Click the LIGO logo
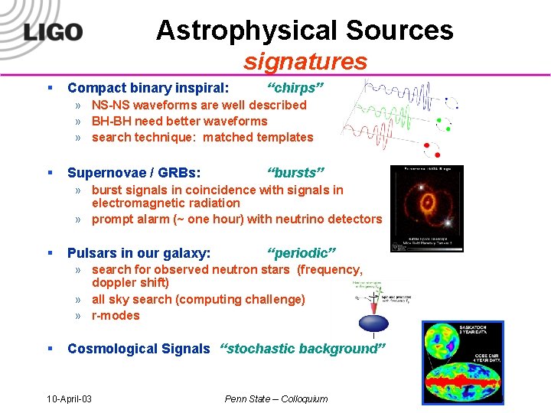pyautogui.click(x=53, y=32)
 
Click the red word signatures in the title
pyautogui.click(x=305, y=61)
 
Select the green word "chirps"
pyautogui.click(x=295, y=88)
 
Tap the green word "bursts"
pyautogui.click(x=296, y=172)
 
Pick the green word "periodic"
pyautogui.click(x=302, y=252)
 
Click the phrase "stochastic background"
pyautogui.click(x=303, y=349)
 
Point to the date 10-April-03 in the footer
pyautogui.click(x=70, y=398)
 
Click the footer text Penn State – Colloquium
pyautogui.click(x=275, y=398)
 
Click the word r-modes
pyautogui.click(x=116, y=315)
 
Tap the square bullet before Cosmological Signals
pyautogui.click(x=50, y=349)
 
